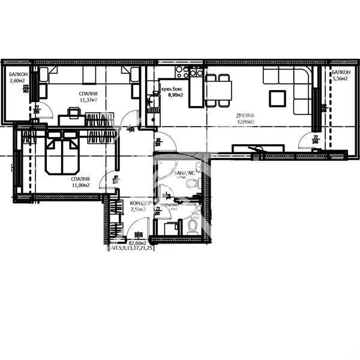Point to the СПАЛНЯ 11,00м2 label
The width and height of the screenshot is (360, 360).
[80, 182]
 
